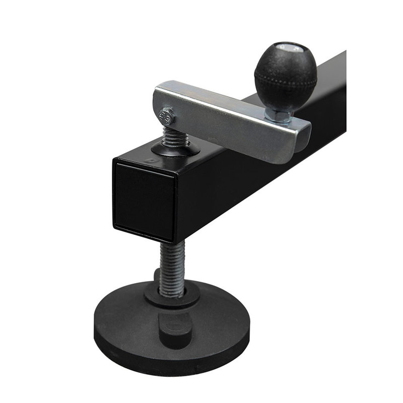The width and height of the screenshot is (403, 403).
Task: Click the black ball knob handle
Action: pyautogui.click(x=285, y=76)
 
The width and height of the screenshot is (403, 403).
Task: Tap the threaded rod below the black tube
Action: pyautogui.click(x=170, y=267)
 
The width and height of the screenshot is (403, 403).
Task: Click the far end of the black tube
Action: pyautogui.click(x=338, y=81)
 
